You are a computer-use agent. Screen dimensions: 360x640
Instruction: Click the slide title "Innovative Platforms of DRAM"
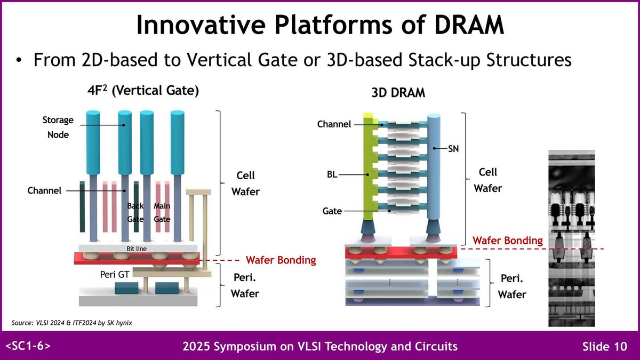point(320,25)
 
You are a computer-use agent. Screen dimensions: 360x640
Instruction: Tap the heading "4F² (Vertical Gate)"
point(143,91)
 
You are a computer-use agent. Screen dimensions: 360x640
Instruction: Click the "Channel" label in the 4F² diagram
point(45,190)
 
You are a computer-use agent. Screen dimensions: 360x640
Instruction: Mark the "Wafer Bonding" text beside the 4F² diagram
point(281,260)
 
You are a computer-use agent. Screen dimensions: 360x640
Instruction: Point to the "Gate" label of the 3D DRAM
point(332,211)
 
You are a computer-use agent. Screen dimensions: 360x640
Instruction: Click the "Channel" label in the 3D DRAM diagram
point(334,124)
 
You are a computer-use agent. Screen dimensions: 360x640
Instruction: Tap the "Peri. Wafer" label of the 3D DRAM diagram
point(513,287)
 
